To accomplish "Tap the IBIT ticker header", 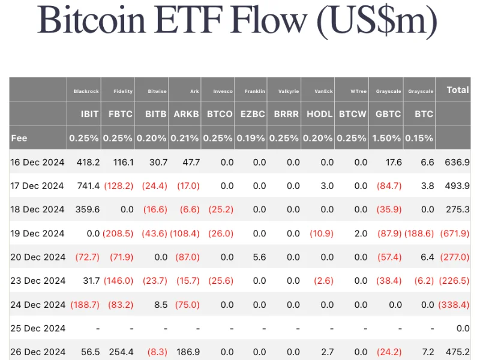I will tap(89, 114).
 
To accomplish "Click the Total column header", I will tap(458, 90).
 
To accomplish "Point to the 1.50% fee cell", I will tap(386, 138).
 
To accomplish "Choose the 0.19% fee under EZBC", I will tap(251, 138).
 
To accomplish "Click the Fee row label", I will tap(19, 138).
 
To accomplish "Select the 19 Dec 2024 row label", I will tap(38, 233).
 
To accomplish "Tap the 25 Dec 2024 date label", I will tap(38, 328).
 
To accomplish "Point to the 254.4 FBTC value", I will tap(121, 352).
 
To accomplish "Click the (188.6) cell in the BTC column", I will tap(419, 233).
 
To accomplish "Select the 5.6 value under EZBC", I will tap(259, 257).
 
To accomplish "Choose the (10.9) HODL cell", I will tap(321, 233).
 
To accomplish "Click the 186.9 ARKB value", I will tap(188, 352).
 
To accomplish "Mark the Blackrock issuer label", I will tap(86, 92).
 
